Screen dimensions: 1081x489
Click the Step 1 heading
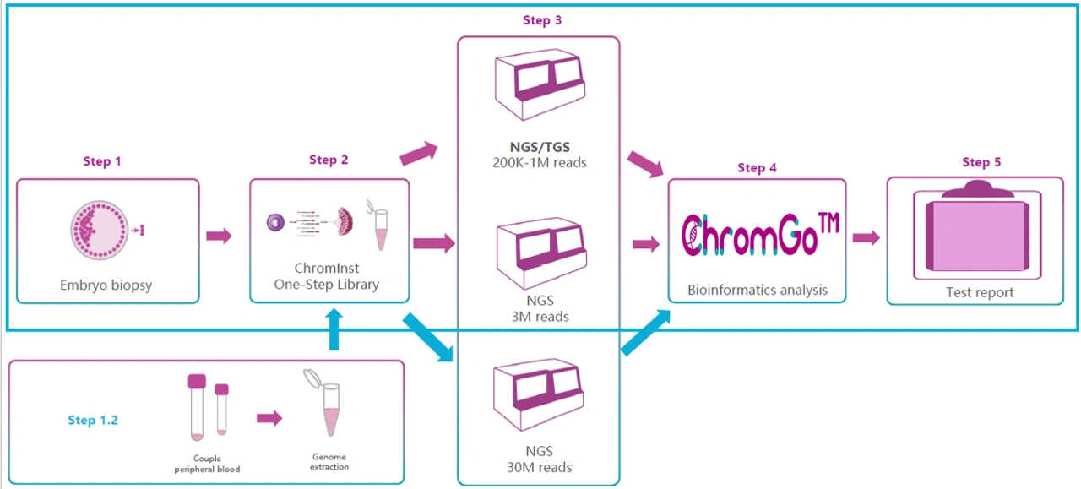pyautogui.click(x=102, y=161)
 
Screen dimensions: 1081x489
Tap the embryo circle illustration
pyautogui.click(x=100, y=231)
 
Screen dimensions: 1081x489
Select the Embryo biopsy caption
pyautogui.click(x=106, y=285)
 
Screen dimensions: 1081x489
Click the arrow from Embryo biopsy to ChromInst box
pyautogui.click(x=219, y=236)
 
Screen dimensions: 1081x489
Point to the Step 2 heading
pyautogui.click(x=329, y=160)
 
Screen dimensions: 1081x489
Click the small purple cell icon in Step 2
pyautogui.click(x=275, y=222)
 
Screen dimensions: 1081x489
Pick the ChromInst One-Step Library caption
pyautogui.click(x=327, y=276)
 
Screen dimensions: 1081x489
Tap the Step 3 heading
pyautogui.click(x=542, y=20)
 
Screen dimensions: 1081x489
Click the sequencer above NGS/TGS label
pyautogui.click(x=540, y=84)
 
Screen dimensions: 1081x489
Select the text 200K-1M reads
pyautogui.click(x=540, y=163)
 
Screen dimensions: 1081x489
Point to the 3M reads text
pyautogui.click(x=540, y=317)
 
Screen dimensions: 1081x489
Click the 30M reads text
pyautogui.click(x=539, y=467)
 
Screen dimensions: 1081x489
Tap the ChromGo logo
pyautogui.click(x=760, y=235)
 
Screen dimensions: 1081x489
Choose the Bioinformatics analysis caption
pyautogui.click(x=758, y=291)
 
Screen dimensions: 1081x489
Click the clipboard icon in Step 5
pyautogui.click(x=978, y=230)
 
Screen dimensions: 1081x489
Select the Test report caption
pyautogui.click(x=980, y=292)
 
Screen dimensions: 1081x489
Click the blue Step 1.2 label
pyautogui.click(x=93, y=420)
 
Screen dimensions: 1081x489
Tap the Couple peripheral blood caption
pyautogui.click(x=207, y=464)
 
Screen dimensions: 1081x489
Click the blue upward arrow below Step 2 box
pyautogui.click(x=334, y=329)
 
